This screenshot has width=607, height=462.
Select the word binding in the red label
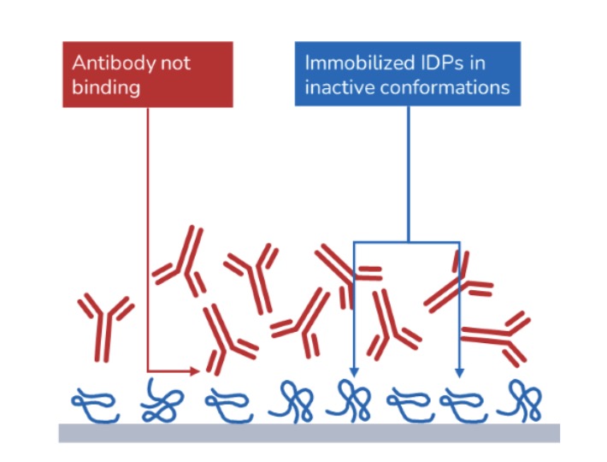pyautogui.click(x=106, y=87)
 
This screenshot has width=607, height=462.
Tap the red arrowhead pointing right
pyautogui.click(x=195, y=371)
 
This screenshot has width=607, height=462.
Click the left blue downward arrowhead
pyautogui.click(x=354, y=372)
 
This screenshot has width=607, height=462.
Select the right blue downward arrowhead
pyautogui.click(x=459, y=372)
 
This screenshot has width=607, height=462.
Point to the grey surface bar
pyautogui.click(x=309, y=433)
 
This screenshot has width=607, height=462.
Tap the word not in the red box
pyautogui.click(x=176, y=63)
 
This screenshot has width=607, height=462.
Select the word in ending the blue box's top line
pyautogui.click(x=478, y=62)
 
